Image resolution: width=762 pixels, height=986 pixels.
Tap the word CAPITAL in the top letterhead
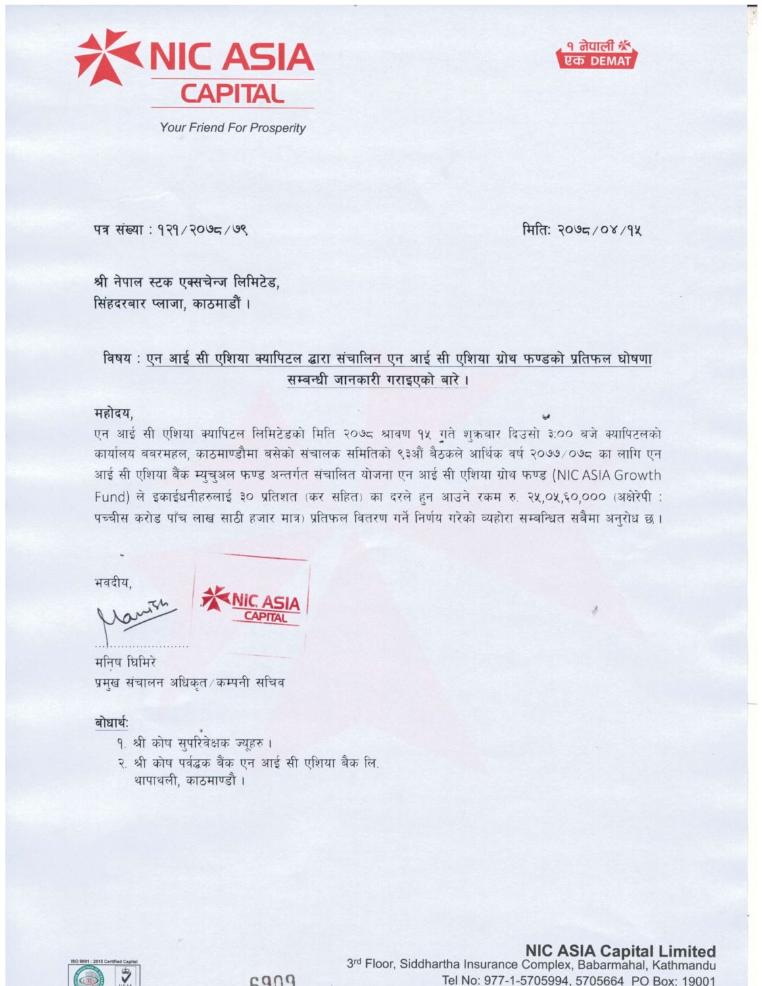232,94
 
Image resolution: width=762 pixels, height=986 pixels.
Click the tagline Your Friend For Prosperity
232,128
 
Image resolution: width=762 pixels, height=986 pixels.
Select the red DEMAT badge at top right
596,55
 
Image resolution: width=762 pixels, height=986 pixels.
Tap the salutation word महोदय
113,414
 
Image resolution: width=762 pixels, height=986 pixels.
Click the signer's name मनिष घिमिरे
125,662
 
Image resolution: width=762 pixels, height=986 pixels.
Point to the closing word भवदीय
112,582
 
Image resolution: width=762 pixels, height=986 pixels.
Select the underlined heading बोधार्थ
110,722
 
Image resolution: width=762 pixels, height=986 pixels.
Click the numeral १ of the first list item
122,743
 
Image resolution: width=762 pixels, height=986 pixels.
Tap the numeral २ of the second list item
122,764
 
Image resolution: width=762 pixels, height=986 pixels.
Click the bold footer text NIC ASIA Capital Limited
620,951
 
